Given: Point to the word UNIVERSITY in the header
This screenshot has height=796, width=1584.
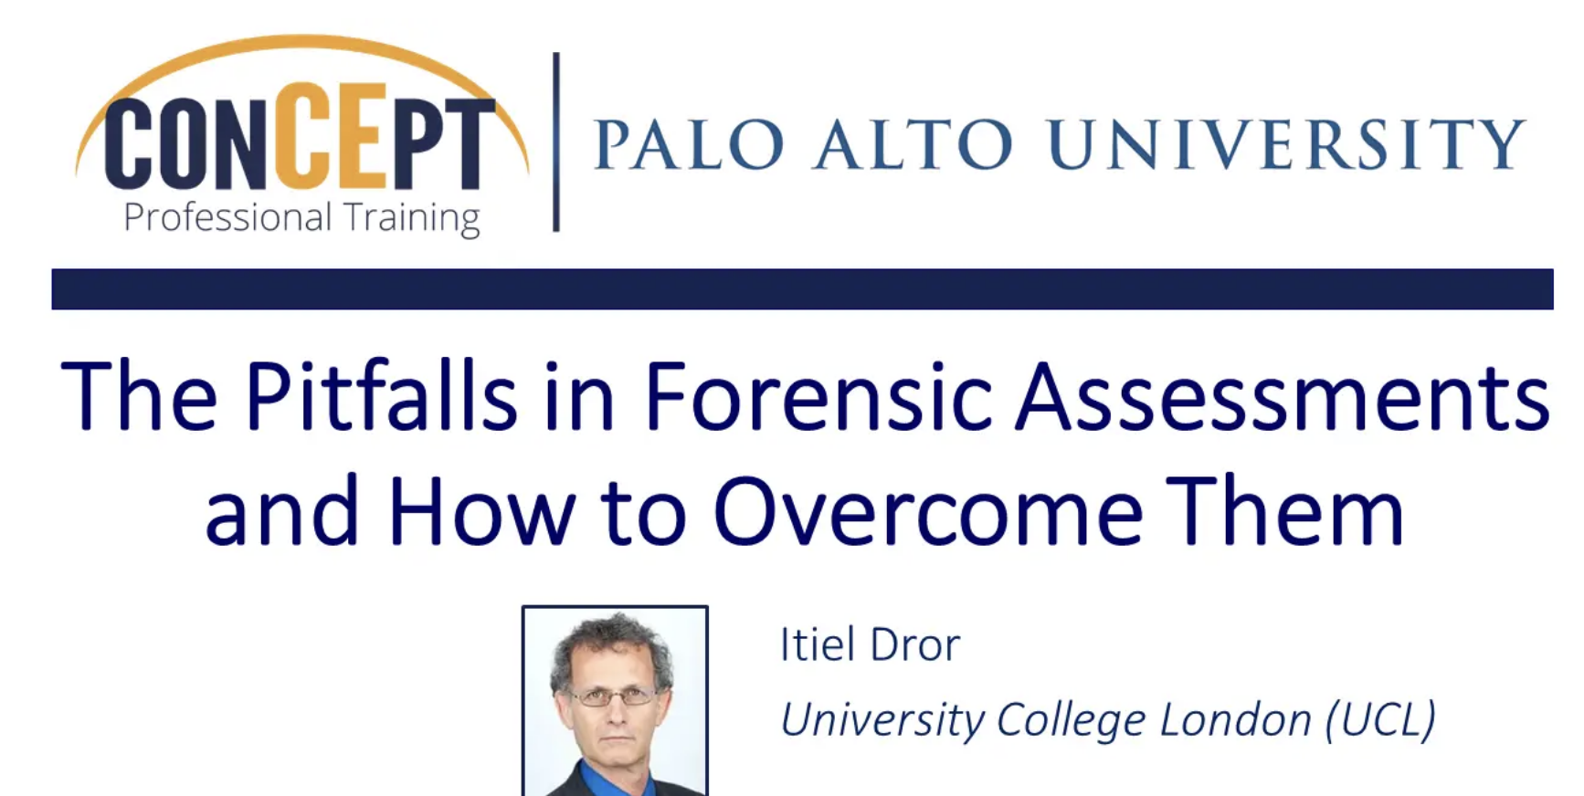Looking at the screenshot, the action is (1286, 144).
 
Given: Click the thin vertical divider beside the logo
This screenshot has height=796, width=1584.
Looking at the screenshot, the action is (555, 142).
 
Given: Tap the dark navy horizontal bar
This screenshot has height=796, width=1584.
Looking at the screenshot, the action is (802, 288).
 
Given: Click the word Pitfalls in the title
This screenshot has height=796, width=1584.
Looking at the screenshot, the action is (381, 396).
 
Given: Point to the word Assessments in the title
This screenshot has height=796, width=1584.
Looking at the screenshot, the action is (1283, 398).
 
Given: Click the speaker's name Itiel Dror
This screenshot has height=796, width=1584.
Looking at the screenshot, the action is (870, 644).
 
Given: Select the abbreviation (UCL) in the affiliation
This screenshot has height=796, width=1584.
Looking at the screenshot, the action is (1380, 720).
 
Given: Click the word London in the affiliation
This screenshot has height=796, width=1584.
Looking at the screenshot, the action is (1235, 720).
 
